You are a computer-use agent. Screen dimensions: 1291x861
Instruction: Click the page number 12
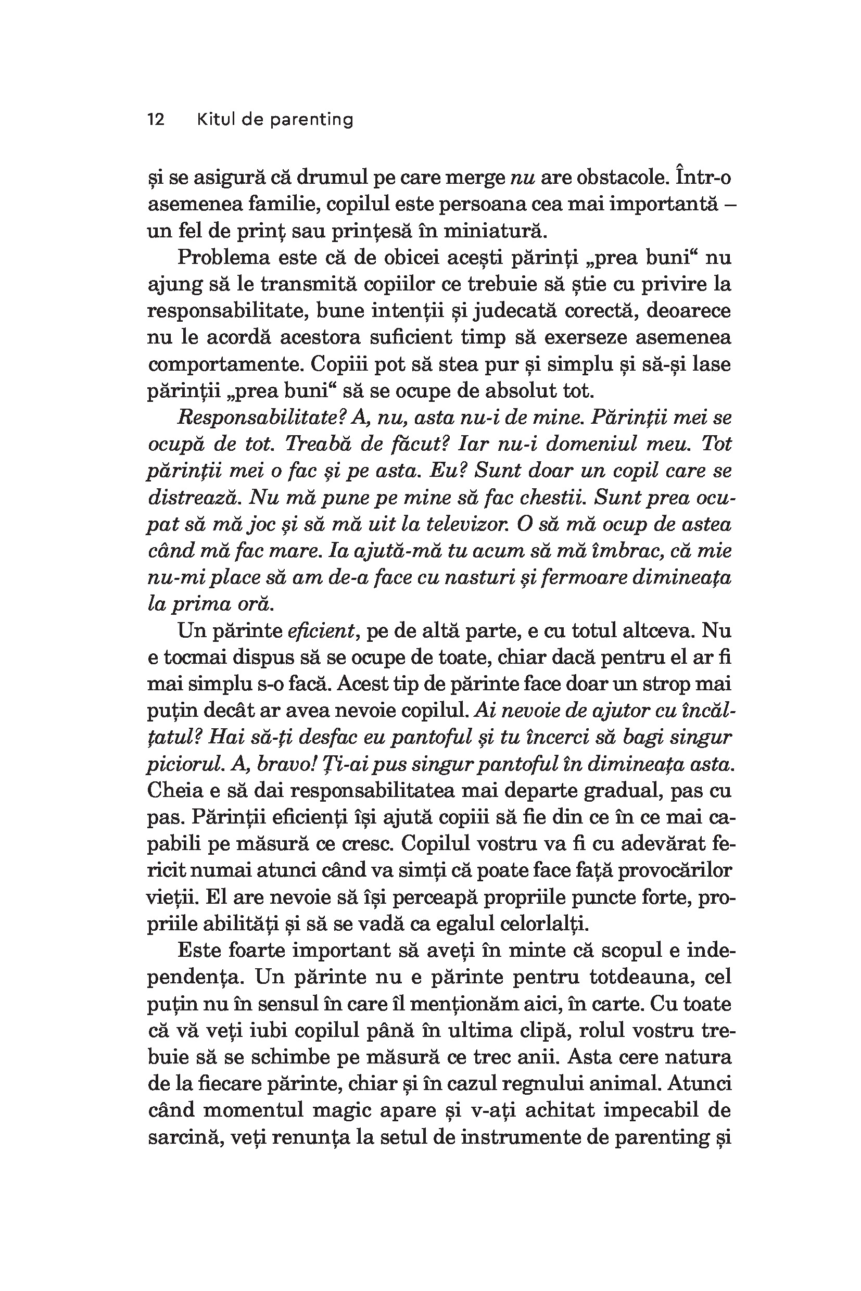point(156,119)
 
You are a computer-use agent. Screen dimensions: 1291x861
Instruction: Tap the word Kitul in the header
point(214,119)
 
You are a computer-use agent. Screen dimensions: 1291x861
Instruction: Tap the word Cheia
point(174,791)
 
